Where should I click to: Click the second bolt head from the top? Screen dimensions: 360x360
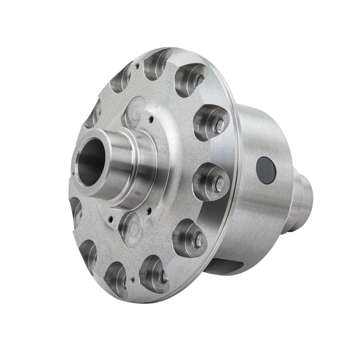(x=220, y=126)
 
